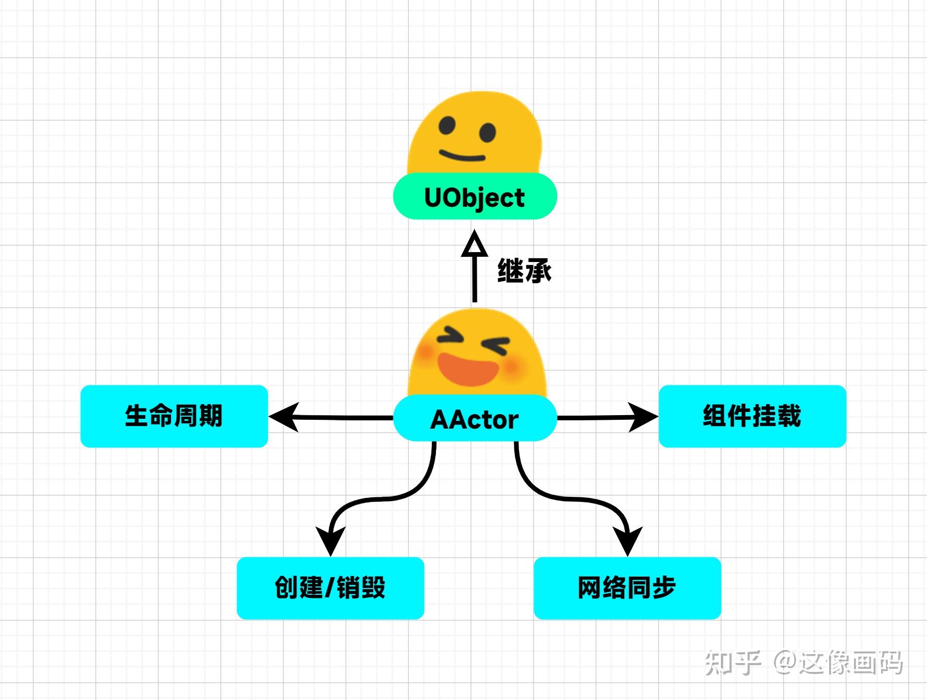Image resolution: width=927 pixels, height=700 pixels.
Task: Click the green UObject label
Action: [x=475, y=197]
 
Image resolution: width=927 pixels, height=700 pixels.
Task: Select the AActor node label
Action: [x=475, y=419]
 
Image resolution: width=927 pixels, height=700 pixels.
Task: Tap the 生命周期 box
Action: [x=174, y=416]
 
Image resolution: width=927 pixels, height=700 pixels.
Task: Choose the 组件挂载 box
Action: [x=752, y=416]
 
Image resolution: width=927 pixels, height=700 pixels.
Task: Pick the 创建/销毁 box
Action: [x=330, y=588]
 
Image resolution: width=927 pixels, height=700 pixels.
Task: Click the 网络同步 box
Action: [x=627, y=588]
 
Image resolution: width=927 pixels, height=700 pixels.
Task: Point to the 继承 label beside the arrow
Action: [x=524, y=271]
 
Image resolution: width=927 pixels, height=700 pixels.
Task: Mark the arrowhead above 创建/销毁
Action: [x=330, y=541]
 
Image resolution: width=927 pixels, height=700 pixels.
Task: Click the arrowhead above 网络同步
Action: [x=627, y=541]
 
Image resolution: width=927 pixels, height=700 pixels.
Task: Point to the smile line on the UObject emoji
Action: [x=462, y=156]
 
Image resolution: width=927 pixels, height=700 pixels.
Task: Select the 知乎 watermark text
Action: [x=733, y=663]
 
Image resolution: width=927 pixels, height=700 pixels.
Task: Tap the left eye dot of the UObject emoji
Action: [x=447, y=126]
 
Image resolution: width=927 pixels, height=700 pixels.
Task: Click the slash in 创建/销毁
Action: [x=329, y=588]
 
